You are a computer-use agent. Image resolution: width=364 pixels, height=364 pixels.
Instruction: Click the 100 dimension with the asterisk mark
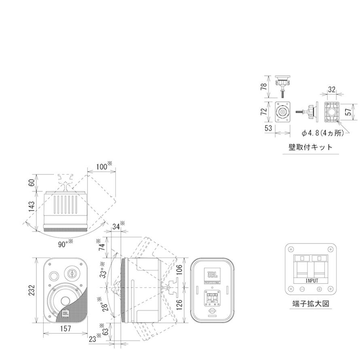coord(102,167)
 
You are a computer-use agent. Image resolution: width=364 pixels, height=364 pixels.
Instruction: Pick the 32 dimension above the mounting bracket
coord(331,90)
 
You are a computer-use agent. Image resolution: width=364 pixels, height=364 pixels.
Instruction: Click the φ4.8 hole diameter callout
coord(324,133)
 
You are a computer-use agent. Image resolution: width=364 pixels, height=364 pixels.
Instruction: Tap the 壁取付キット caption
coord(310,147)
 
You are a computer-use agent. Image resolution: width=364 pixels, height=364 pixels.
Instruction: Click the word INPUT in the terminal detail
coord(311,280)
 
